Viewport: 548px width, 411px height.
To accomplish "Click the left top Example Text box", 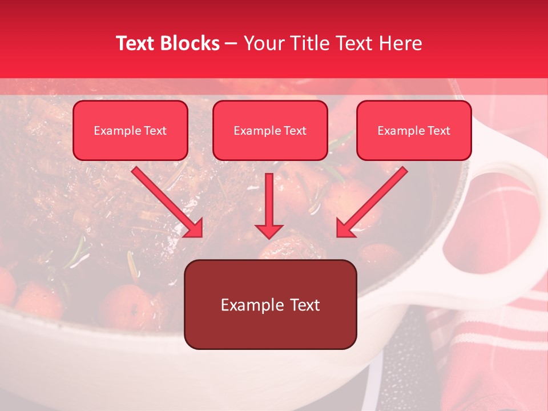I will pyautogui.click(x=130, y=130).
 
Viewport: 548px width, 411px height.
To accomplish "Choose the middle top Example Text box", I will pyautogui.click(x=270, y=130).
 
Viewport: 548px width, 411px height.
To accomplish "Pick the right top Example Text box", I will pyautogui.click(x=414, y=130).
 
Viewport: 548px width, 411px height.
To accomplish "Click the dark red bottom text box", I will pyautogui.click(x=270, y=304).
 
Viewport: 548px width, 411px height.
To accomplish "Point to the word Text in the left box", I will pyautogui.click(x=155, y=131).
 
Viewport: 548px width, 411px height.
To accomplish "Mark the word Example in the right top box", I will pyautogui.click(x=401, y=131).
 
